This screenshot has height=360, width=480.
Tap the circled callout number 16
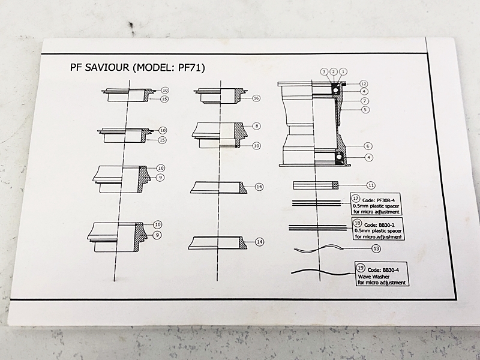(x=256, y=98)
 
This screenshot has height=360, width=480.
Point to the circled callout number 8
(x=256, y=126)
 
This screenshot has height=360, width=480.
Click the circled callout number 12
(x=364, y=83)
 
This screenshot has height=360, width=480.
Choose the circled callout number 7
(x=365, y=101)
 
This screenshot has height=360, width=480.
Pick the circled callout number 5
(x=365, y=110)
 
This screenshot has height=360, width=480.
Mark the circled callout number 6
(x=367, y=146)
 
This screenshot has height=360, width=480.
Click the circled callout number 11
(x=371, y=185)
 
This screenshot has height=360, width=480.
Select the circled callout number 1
(x=343, y=71)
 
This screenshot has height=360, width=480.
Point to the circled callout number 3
(x=323, y=71)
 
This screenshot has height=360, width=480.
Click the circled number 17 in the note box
(x=355, y=199)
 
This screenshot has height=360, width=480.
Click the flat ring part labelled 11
(x=316, y=185)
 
